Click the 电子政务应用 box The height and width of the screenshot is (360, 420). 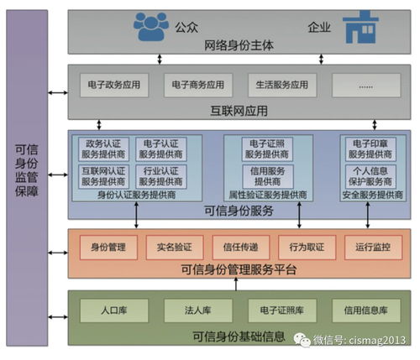pos(114,85)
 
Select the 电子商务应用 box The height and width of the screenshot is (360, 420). pos(197,85)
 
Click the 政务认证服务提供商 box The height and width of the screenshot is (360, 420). pos(102,149)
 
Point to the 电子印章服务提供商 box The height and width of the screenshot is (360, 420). pos(370,149)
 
